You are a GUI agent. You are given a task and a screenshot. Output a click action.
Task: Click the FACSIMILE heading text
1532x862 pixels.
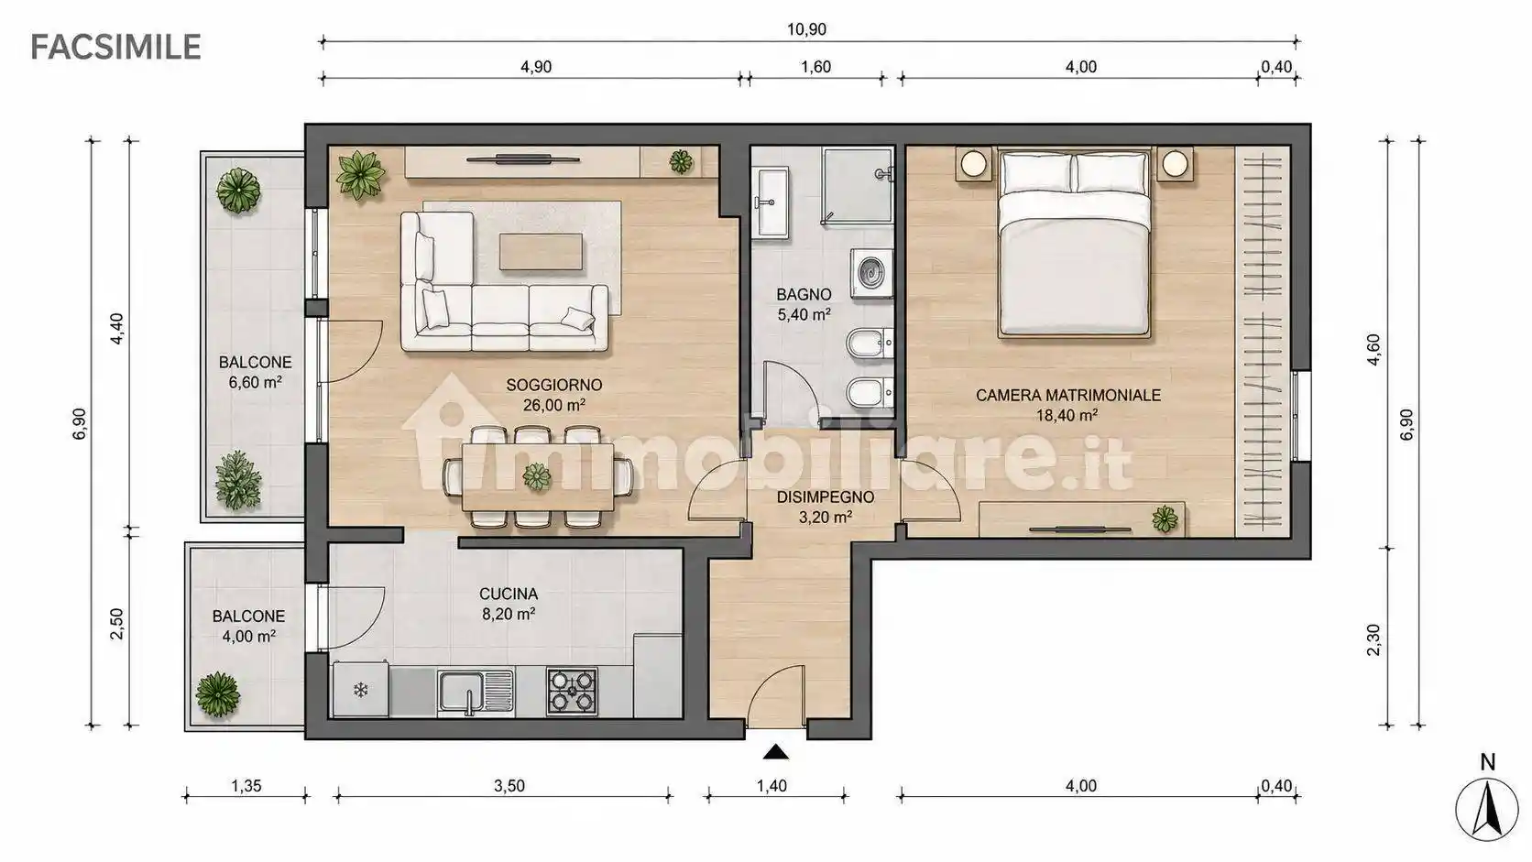115,47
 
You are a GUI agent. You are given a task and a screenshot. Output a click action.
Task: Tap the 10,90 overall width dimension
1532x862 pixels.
806,29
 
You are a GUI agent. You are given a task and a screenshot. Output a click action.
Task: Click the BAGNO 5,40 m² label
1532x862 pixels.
804,304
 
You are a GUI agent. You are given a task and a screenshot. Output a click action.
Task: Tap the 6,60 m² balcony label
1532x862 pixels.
255,382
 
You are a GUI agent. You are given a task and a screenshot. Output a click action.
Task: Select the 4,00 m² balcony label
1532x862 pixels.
249,637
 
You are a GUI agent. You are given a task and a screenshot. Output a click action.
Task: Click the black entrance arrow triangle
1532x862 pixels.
775,753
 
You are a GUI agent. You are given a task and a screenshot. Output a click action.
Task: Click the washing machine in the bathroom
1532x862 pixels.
871,273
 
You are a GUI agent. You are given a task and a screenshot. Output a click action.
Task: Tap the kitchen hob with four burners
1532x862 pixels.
572,691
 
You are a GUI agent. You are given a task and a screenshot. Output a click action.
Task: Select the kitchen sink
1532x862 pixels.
476,691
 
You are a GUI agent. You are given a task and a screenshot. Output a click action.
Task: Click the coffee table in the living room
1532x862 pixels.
541,252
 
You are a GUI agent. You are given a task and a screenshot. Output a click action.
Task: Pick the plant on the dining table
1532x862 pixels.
536,476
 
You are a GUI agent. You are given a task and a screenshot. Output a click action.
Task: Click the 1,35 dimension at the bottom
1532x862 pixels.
246,786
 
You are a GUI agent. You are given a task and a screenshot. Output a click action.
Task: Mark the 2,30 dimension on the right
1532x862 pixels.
1373,639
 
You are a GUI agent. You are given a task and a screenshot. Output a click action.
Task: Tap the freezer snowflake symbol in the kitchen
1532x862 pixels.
360,691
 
